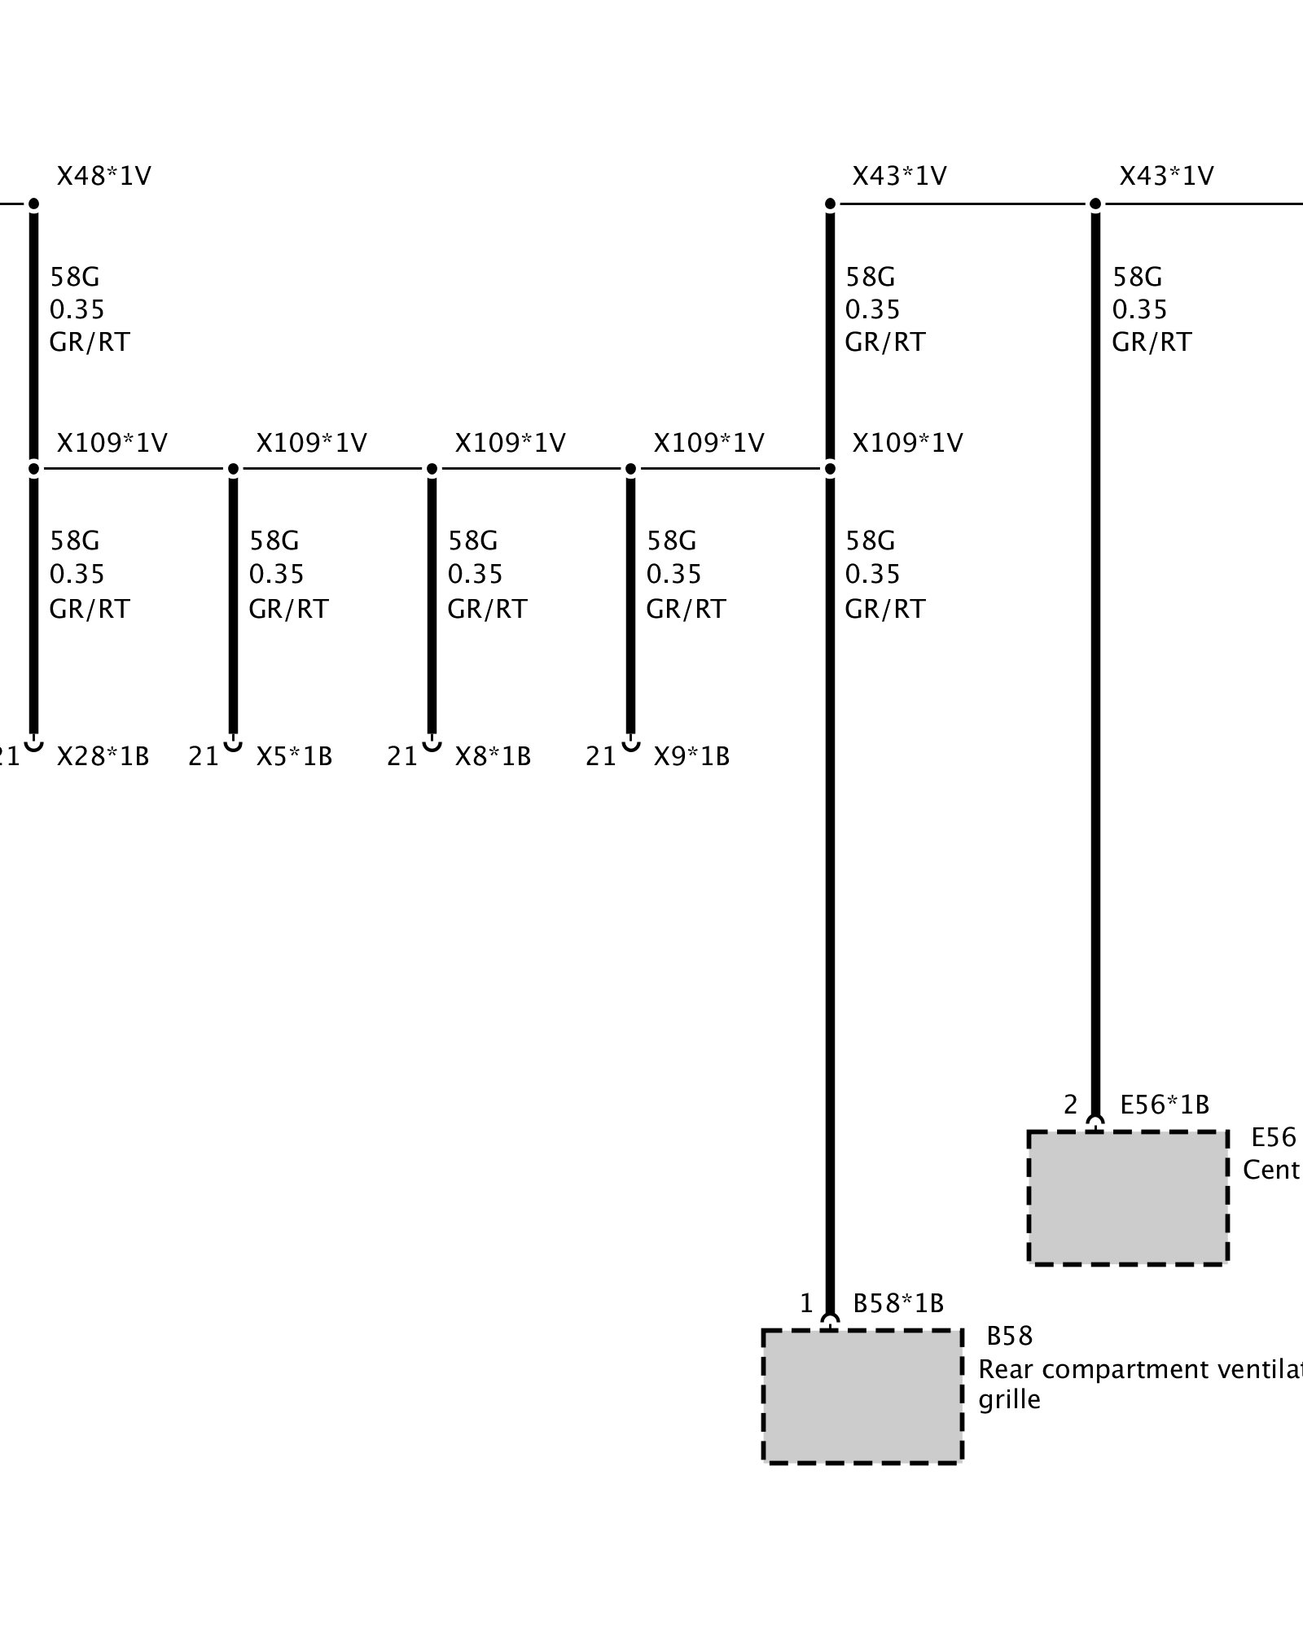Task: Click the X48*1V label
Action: coord(103,176)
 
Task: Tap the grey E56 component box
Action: coord(1128,1197)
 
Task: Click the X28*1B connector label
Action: coord(103,756)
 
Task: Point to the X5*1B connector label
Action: coord(294,756)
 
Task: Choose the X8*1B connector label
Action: coord(493,756)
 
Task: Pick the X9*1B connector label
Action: coord(691,756)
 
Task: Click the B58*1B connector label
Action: coord(897,1303)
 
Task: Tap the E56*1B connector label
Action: coord(1165,1105)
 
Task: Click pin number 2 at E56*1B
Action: coord(1070,1105)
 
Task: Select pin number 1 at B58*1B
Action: coord(806,1303)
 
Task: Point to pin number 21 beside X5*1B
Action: coord(204,756)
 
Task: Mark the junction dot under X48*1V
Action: coord(33,203)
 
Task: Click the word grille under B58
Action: coord(1009,1399)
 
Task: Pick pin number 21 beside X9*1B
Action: coord(601,756)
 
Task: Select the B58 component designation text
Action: coord(1009,1336)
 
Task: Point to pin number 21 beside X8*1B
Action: coord(402,756)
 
